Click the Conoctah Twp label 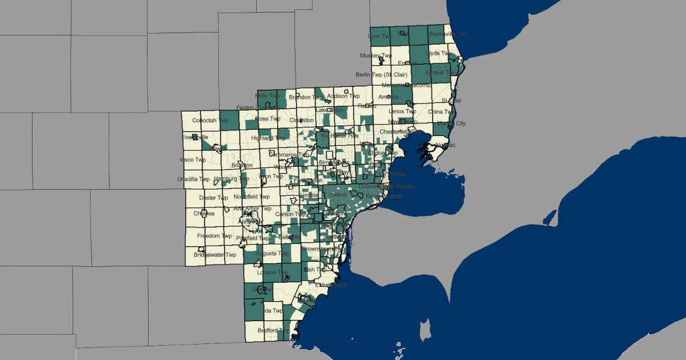coord(208,121)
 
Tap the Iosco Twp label coord(193,159)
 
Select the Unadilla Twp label coord(196,179)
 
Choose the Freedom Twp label coord(214,236)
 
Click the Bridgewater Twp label coord(215,255)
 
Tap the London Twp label coord(273,273)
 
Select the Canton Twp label coord(291,214)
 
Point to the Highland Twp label coord(272,138)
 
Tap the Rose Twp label coord(268,119)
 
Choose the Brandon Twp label coord(306,97)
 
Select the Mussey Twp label coord(376,55)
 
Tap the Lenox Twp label coord(404,111)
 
